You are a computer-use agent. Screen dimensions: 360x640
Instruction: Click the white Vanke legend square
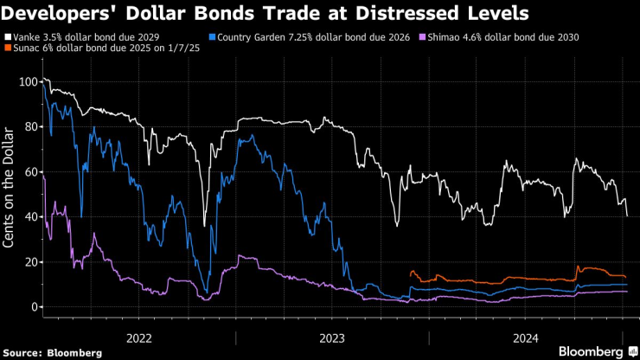[7, 38]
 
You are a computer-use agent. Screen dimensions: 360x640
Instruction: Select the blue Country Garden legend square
[213, 38]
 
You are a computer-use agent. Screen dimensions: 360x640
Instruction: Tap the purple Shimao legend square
[421, 38]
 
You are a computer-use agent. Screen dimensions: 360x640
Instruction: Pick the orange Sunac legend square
[7, 49]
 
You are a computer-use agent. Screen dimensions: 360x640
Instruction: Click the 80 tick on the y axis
[29, 127]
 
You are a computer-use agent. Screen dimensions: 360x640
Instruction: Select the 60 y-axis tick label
[29, 172]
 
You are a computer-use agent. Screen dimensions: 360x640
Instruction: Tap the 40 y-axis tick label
[29, 217]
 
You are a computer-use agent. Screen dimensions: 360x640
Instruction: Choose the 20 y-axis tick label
[29, 262]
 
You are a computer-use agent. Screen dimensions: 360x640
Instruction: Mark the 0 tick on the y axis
[33, 307]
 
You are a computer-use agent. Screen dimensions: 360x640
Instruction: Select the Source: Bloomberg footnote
[53, 352]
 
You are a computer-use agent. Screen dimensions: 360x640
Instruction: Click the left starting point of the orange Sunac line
[410, 273]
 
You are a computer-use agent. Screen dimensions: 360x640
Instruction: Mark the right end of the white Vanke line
[626, 215]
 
